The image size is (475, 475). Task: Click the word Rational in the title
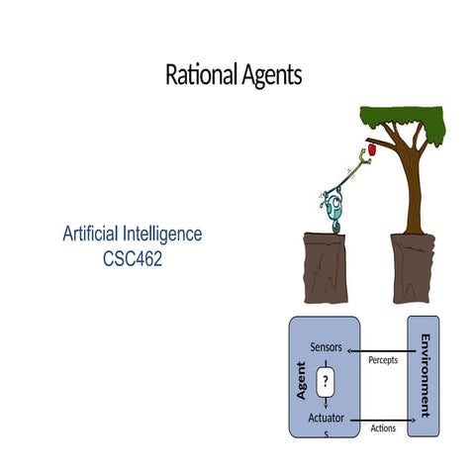[x=200, y=75]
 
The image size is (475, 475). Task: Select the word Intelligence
[x=170, y=235]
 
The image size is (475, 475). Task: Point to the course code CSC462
[x=134, y=256]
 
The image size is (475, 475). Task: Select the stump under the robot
[x=330, y=267]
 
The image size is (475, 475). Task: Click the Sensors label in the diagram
[x=327, y=347]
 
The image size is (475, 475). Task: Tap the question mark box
[x=326, y=380]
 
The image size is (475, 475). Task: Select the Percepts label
[x=383, y=360]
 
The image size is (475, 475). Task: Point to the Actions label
[x=383, y=428]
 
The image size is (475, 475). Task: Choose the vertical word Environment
[x=425, y=376]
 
